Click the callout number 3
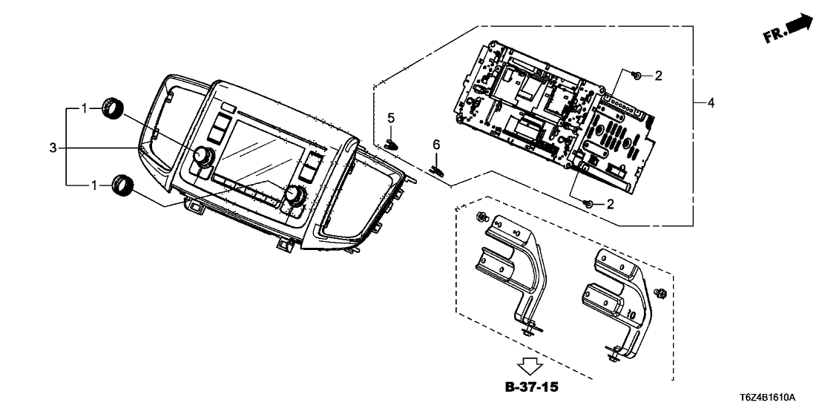(x=53, y=148)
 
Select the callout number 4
(x=710, y=103)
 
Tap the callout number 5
(x=391, y=118)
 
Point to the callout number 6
(x=437, y=143)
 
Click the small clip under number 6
(x=439, y=169)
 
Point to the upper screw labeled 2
(x=636, y=75)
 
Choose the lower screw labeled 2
(x=588, y=203)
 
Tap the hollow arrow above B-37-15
(x=530, y=365)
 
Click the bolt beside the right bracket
(x=662, y=294)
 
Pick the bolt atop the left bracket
(x=481, y=217)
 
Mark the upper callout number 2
(x=658, y=75)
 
